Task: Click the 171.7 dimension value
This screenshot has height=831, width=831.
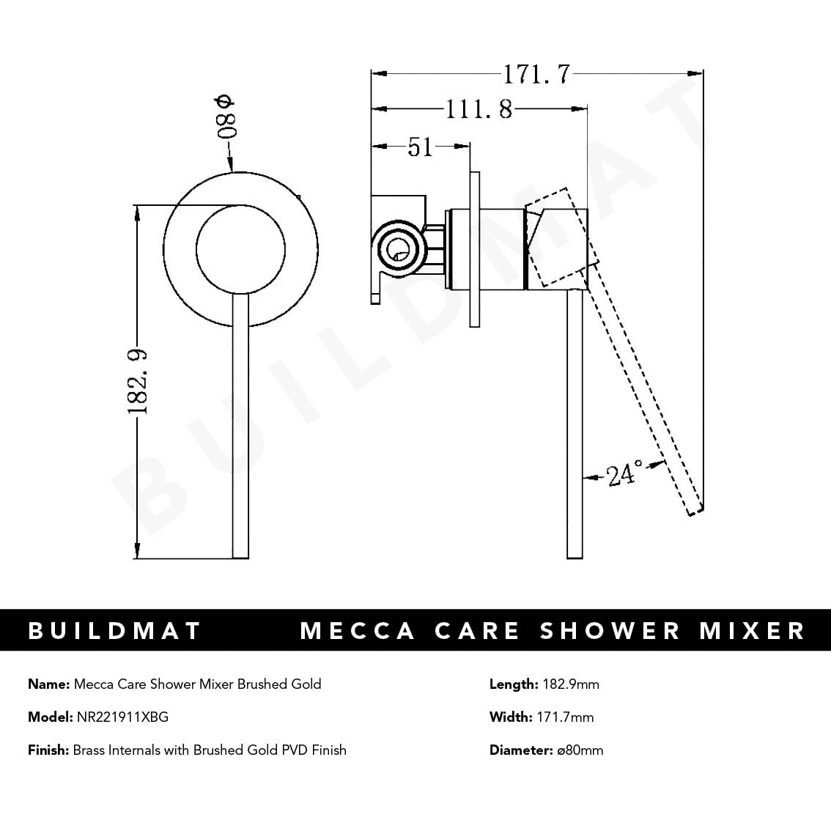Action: coord(536,74)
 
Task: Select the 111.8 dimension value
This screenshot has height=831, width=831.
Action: coord(479,110)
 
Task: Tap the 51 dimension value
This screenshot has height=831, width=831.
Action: coord(420,147)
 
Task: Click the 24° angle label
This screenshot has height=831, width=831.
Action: coord(624,475)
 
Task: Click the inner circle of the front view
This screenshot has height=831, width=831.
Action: coord(240,248)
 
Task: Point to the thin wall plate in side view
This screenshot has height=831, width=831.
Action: coord(474,249)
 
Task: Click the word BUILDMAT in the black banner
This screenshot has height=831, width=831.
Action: coord(114,631)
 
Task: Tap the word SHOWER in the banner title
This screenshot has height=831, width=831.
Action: coord(610,631)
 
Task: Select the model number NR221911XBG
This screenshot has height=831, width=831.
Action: coord(122,717)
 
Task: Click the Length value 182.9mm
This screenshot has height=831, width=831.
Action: coord(570,684)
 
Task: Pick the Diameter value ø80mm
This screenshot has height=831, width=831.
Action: coord(579,750)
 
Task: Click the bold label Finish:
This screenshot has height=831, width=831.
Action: coord(48,750)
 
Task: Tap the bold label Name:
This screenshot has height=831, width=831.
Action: coord(49,684)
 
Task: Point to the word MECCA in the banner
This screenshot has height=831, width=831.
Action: coord(358,631)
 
